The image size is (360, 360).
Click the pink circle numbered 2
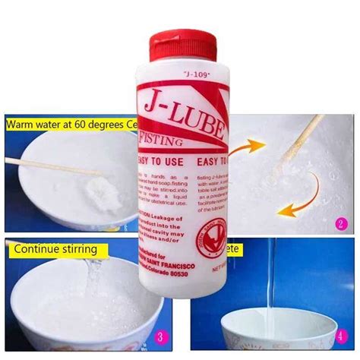341,224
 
